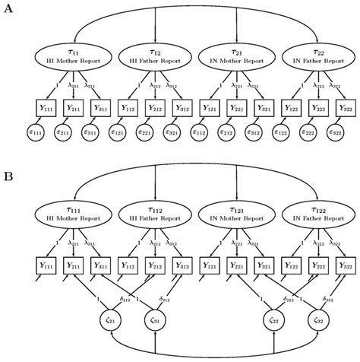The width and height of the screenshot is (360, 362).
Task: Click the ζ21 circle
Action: tap(111, 324)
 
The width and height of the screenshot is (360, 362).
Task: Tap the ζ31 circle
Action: tap(154, 324)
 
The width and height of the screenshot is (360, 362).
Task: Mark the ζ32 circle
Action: tap(317, 324)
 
